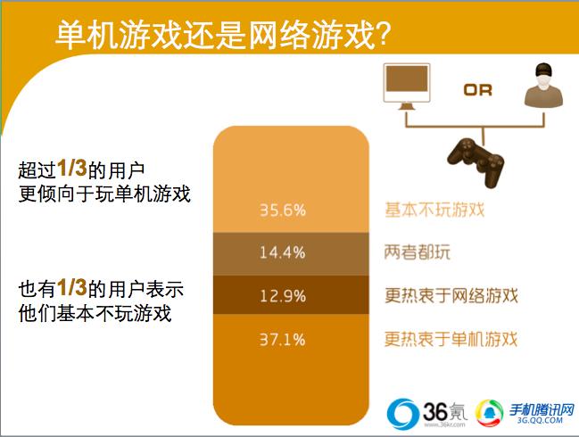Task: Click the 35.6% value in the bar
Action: (283, 210)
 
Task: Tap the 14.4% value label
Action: (283, 252)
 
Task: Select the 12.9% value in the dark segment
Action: (283, 296)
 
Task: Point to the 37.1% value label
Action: (283, 340)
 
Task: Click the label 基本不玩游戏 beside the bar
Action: (434, 210)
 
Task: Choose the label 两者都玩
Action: (418, 252)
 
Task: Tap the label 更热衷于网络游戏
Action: (451, 295)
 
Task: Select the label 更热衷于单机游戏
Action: (451, 339)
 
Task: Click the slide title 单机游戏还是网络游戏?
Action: (223, 34)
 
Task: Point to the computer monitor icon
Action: (407, 87)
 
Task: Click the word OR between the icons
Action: (478, 90)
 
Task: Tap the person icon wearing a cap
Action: (543, 86)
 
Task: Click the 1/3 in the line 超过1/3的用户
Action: (71, 169)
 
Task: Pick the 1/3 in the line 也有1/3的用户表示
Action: (71, 287)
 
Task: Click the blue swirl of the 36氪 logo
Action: (401, 413)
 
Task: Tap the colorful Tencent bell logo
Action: (490, 413)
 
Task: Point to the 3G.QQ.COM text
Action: (540, 420)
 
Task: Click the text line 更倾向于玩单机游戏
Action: (104, 194)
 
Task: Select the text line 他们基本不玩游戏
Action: (95, 313)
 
